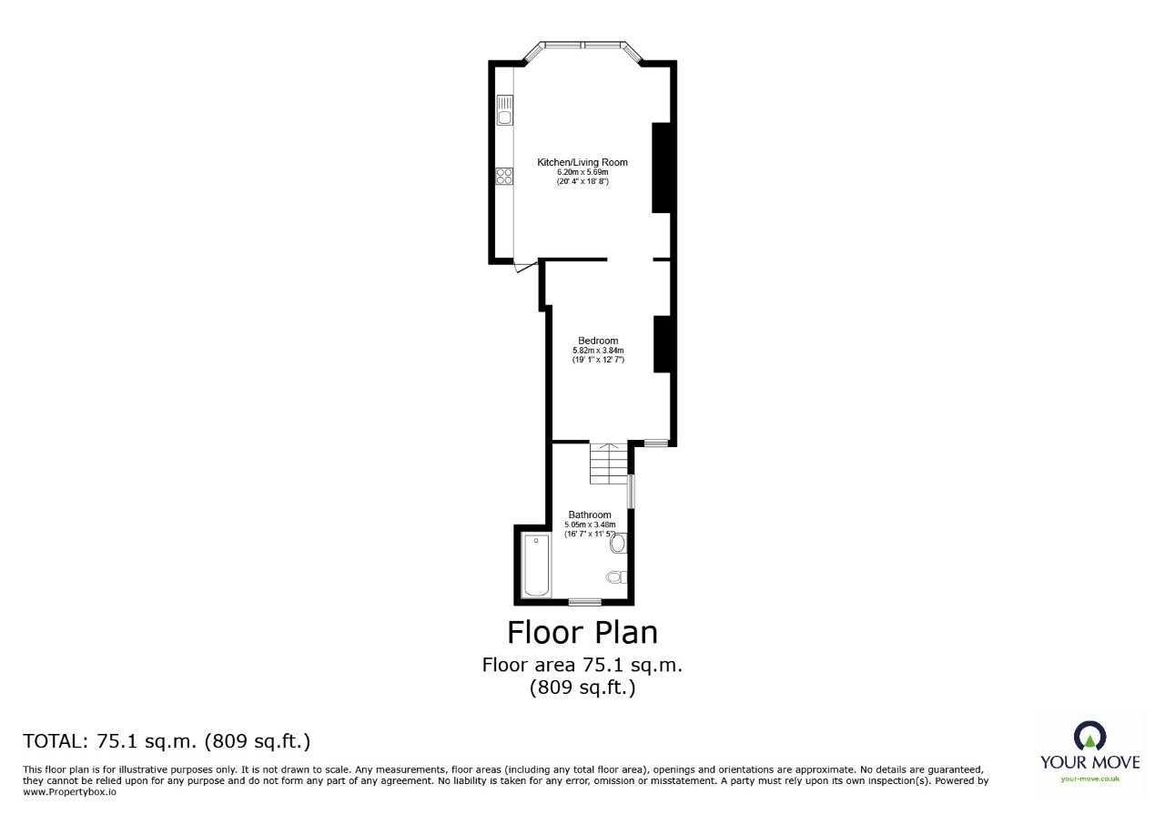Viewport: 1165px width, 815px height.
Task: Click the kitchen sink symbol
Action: (504, 110)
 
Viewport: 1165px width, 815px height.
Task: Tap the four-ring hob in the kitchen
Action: (504, 176)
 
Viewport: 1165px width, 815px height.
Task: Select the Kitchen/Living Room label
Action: (582, 162)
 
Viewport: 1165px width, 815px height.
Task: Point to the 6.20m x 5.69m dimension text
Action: (582, 172)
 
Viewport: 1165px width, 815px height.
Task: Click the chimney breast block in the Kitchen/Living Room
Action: (662, 167)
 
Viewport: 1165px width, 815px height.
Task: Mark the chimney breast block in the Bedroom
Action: (663, 343)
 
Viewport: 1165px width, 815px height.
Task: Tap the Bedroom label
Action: (598, 341)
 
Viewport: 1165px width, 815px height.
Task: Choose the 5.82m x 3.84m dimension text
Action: (598, 351)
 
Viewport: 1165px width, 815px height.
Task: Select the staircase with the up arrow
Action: (608, 464)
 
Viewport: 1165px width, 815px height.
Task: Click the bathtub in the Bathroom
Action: (537, 566)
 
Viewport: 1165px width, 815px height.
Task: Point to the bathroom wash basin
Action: (618, 545)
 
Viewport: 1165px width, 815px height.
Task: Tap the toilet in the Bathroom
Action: (616, 576)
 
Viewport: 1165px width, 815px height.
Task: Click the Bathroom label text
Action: (590, 514)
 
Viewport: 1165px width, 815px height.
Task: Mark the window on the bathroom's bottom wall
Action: (584, 602)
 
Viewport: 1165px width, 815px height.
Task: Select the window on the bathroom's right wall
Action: (632, 491)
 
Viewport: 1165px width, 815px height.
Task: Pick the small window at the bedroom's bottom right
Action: (655, 443)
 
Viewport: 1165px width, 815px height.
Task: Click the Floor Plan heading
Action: (582, 631)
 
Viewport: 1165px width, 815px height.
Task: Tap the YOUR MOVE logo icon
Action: (1089, 736)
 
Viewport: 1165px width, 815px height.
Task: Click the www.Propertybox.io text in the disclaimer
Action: (69, 792)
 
